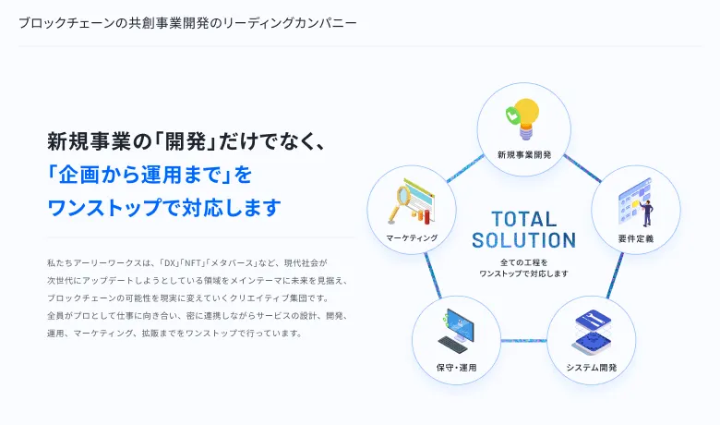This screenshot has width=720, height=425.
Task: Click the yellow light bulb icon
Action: pyautogui.click(x=527, y=118)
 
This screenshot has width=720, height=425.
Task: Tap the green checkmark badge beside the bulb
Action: pyautogui.click(x=512, y=115)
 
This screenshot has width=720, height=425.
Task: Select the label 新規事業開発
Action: pyautogui.click(x=524, y=155)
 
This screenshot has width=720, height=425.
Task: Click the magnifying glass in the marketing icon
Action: pyautogui.click(x=399, y=203)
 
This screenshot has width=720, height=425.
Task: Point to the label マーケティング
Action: pyautogui.click(x=412, y=238)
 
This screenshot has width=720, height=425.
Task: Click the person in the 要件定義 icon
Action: pyautogui.click(x=647, y=212)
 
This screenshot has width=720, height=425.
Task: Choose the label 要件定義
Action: pyautogui.click(x=635, y=238)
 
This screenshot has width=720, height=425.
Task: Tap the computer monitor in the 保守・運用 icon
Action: pyautogui.click(x=460, y=324)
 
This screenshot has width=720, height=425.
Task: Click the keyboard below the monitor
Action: pyautogui.click(x=452, y=344)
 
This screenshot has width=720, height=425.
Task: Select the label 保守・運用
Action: pyautogui.click(x=456, y=368)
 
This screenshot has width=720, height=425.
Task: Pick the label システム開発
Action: pyautogui.click(x=592, y=368)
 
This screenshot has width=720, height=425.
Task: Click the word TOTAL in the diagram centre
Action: pyautogui.click(x=524, y=219)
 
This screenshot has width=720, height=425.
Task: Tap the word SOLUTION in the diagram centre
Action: pyautogui.click(x=524, y=240)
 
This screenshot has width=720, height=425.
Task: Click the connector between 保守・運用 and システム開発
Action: pyautogui.click(x=523, y=341)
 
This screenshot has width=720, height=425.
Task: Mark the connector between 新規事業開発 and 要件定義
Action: pyautogui.click(x=582, y=168)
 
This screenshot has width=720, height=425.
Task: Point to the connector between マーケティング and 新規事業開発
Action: pyautogui.click(x=465, y=168)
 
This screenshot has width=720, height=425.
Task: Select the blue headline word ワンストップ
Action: pyautogui.click(x=104, y=208)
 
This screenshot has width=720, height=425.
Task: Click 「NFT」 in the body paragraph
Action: pyautogui.click(x=191, y=263)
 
